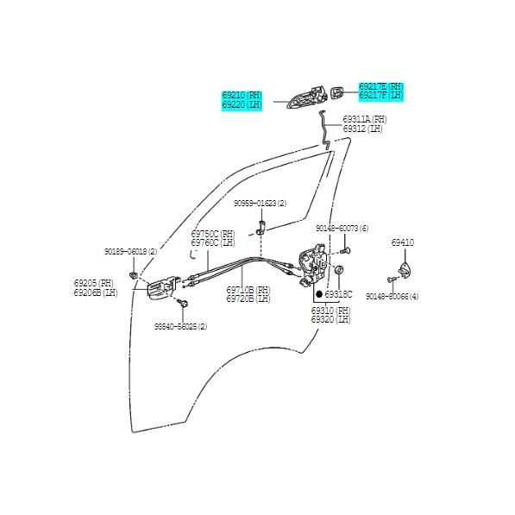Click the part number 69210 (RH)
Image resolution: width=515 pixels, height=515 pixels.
click(x=242, y=96)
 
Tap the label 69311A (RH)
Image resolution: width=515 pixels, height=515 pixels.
click(x=364, y=119)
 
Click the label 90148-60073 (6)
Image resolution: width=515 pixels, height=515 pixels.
click(x=342, y=229)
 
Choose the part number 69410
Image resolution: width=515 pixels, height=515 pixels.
click(x=402, y=243)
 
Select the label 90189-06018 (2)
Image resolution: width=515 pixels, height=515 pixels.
click(x=130, y=251)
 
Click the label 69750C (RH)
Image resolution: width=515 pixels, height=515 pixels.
click(x=212, y=234)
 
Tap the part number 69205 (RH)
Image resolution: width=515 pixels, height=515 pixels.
click(x=93, y=283)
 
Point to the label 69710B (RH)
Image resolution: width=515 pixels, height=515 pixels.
click(x=248, y=291)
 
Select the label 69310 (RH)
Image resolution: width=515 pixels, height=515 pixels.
click(x=330, y=311)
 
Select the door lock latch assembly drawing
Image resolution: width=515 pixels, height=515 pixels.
click(x=311, y=267)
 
